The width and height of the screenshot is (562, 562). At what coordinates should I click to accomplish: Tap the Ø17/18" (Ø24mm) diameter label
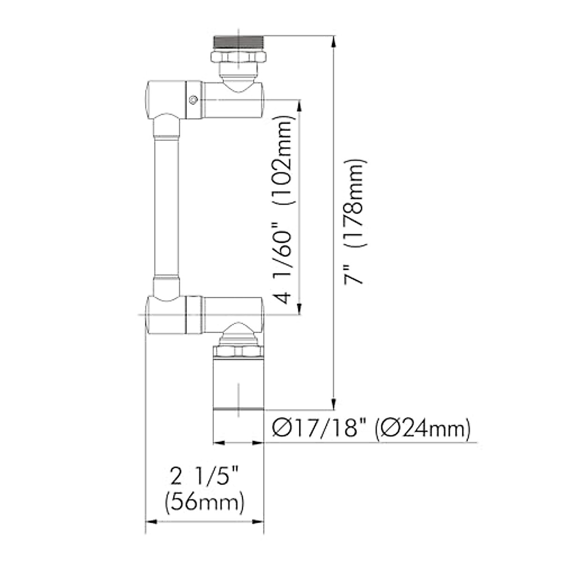point(370,428)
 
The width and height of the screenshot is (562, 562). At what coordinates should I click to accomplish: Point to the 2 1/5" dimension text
point(205,478)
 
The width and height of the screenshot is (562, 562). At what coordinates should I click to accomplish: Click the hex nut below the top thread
point(239,57)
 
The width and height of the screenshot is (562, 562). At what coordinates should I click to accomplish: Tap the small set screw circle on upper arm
point(192,99)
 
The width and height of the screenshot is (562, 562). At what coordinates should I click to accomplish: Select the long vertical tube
point(167,206)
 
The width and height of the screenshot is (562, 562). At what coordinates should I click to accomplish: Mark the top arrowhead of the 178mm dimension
point(333,40)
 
